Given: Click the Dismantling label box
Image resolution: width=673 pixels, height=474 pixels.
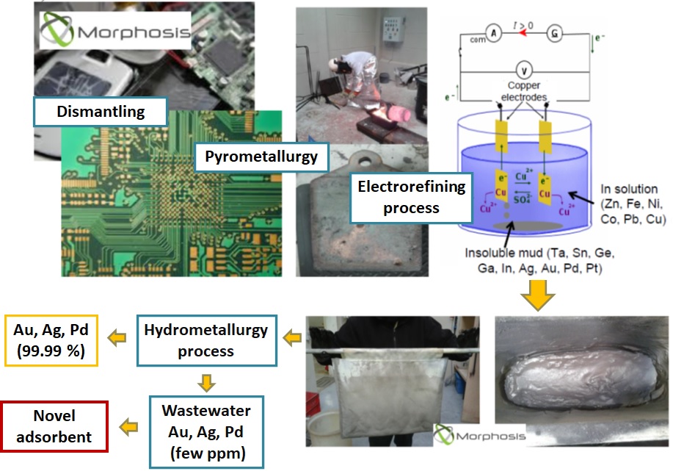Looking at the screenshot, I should click(x=101, y=112).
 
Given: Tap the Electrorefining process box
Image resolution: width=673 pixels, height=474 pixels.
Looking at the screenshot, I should click(x=411, y=197).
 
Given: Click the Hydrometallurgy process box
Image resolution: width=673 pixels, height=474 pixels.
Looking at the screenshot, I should click(x=205, y=341).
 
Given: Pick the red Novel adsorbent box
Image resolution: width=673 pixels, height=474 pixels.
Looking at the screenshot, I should click(x=55, y=426).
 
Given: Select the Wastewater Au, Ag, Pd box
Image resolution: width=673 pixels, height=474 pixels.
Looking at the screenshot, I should click(x=205, y=431).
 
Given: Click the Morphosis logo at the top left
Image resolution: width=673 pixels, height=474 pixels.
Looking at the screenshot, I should click(x=114, y=32).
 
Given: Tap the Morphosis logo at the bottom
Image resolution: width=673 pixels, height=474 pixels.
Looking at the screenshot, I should click(x=481, y=435).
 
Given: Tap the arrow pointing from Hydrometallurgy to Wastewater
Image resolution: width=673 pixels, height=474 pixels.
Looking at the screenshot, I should click(x=206, y=382).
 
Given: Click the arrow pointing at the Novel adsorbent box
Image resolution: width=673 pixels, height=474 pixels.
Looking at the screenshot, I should click(x=130, y=425).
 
